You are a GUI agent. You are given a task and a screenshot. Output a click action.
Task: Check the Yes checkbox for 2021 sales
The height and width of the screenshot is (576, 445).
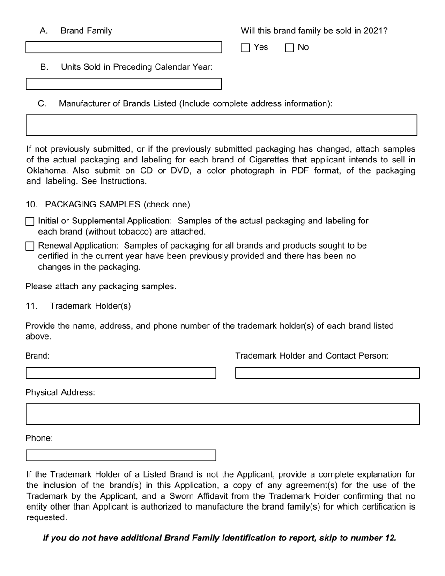point(245,47)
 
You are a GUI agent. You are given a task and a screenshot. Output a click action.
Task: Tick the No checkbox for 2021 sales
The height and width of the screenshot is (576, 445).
point(289,47)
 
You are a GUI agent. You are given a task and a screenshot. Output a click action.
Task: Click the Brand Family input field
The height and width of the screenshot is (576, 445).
point(123,47)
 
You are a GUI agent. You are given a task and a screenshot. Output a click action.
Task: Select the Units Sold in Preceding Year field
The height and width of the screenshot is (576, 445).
point(123,84)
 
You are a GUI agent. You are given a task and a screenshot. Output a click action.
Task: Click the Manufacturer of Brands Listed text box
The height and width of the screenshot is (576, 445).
point(221,125)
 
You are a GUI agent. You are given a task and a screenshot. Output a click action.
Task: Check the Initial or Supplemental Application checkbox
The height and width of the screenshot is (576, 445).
point(30,222)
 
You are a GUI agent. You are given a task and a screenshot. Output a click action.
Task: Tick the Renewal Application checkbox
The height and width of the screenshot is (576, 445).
point(30,246)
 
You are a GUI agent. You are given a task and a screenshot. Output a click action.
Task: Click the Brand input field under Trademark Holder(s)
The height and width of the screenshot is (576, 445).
point(121,373)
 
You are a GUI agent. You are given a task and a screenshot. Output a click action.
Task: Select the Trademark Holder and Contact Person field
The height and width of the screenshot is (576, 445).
point(327,373)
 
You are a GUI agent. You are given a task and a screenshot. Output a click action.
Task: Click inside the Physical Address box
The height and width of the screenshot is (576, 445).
point(222,414)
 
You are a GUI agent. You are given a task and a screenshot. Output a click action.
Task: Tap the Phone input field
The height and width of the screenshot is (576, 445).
point(121,455)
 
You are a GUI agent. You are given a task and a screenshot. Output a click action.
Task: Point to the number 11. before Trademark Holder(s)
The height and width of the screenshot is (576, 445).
point(31,306)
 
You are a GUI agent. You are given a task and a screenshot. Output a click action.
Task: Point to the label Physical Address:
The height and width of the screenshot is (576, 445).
point(60,392)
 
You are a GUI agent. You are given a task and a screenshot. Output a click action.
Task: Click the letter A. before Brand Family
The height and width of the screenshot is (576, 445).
point(44,31)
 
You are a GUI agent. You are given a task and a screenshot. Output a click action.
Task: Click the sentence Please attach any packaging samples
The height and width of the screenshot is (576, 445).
point(101,286)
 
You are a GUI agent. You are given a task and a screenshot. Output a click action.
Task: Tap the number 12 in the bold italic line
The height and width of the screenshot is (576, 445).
point(390,538)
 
